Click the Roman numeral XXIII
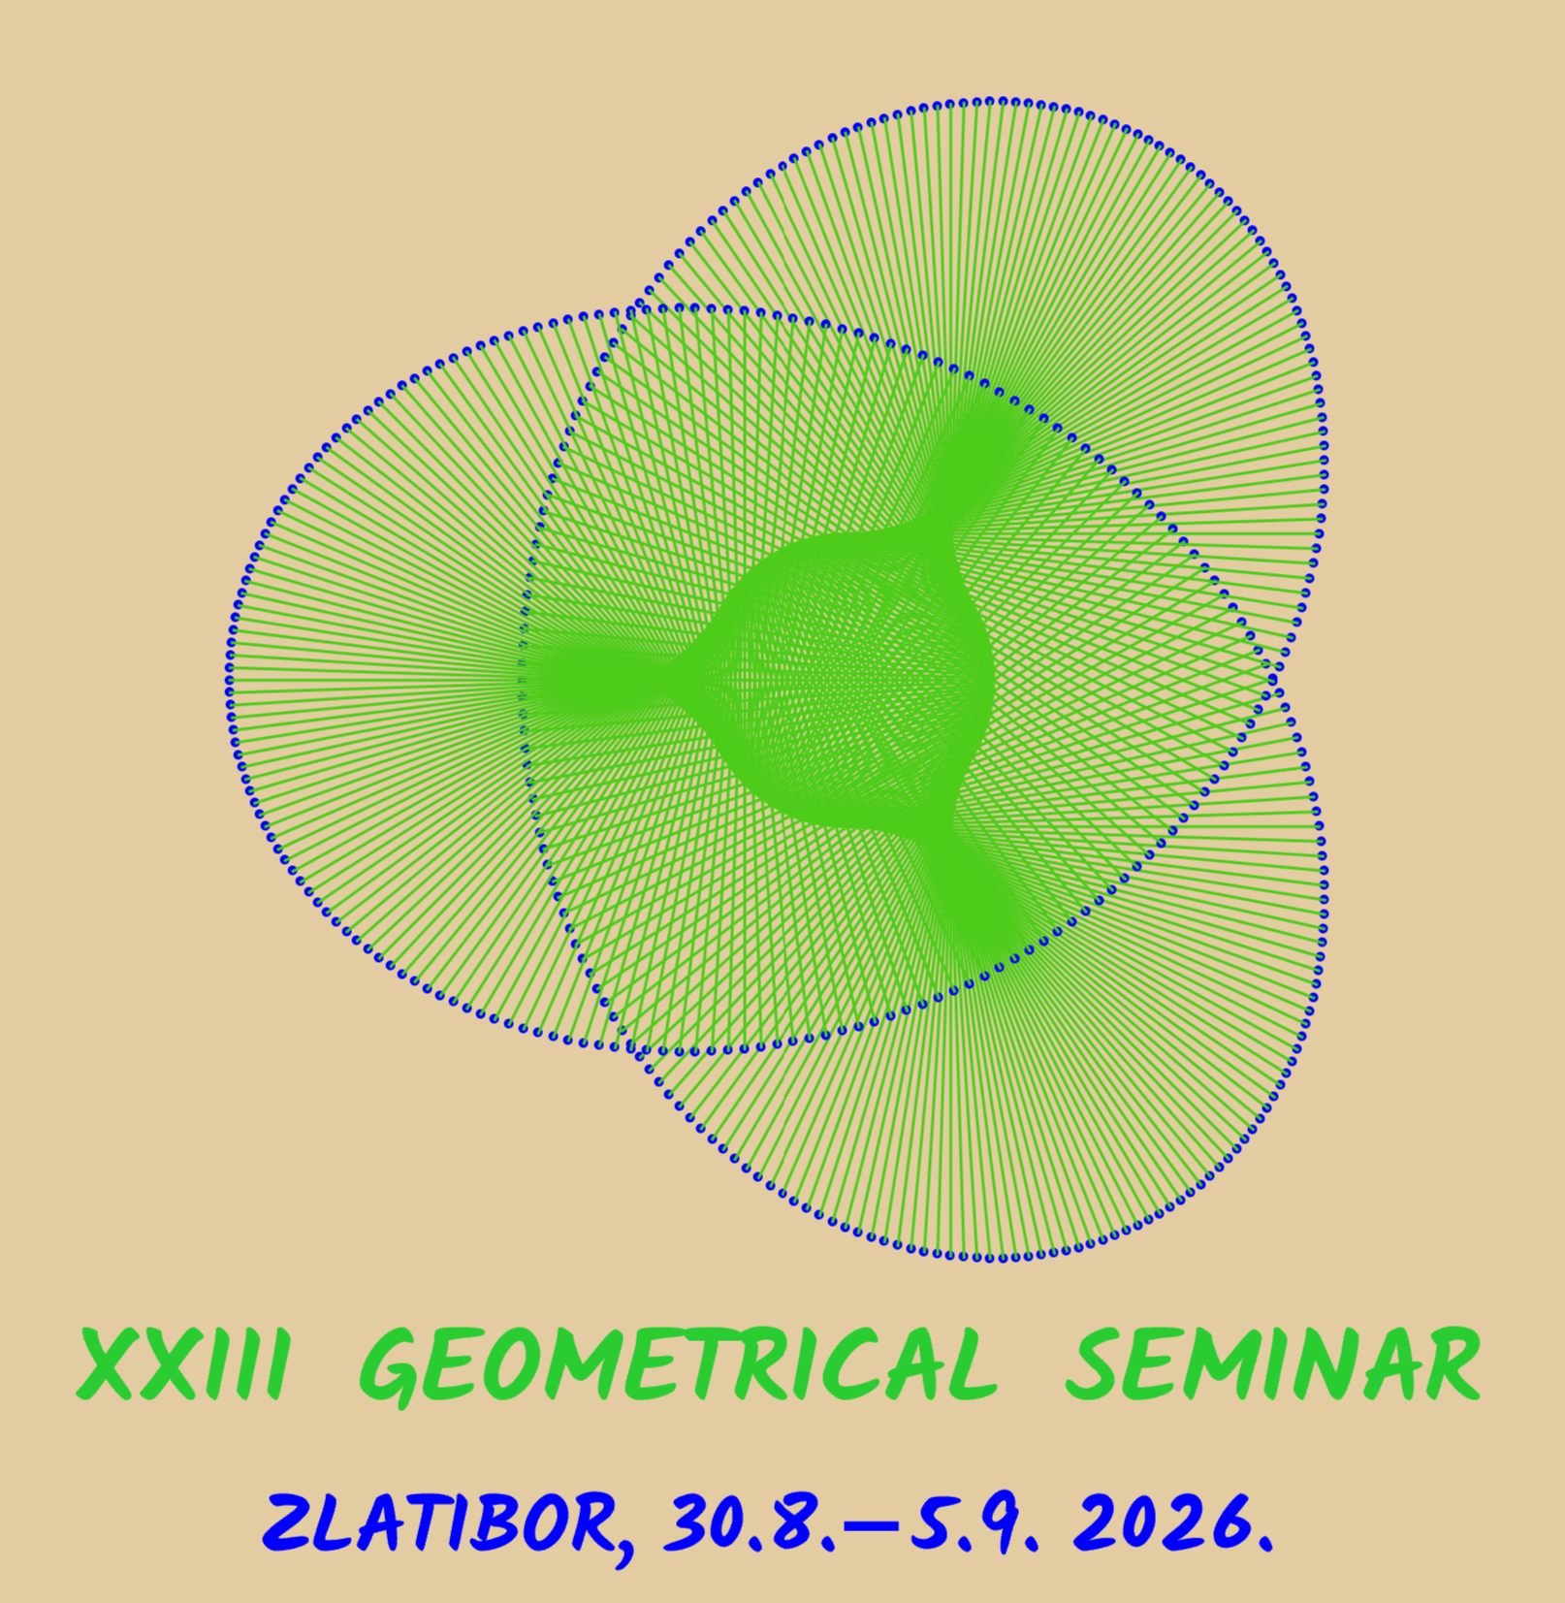182,1364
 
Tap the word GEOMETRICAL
679,1365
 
